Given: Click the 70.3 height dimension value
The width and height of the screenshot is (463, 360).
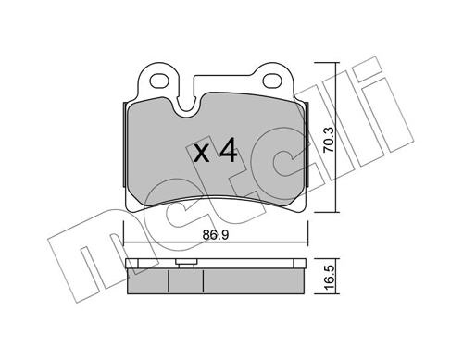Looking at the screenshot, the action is [329, 140].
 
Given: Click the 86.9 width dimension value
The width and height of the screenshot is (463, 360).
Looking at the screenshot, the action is [216, 235].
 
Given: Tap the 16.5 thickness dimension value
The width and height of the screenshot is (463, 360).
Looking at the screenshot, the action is [330, 278].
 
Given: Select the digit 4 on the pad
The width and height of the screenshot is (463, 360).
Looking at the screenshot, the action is [228, 150].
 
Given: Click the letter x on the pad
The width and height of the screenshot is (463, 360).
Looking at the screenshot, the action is [202, 154].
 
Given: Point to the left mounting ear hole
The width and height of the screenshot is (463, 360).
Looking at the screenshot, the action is [159, 81].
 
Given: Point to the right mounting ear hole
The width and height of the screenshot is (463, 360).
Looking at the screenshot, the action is [272, 81].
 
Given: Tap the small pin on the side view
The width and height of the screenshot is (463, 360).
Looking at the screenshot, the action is [185, 263].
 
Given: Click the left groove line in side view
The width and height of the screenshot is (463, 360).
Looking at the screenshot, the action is [169, 281].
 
